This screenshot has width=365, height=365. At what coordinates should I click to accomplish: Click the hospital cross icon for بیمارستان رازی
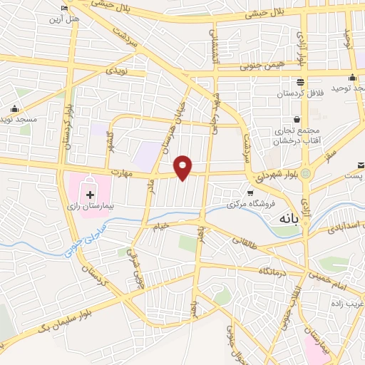click(x=90, y=193)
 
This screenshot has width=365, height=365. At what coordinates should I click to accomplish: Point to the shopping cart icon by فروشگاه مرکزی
click(x=250, y=193)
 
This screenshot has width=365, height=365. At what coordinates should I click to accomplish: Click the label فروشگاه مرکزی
click(x=232, y=205)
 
